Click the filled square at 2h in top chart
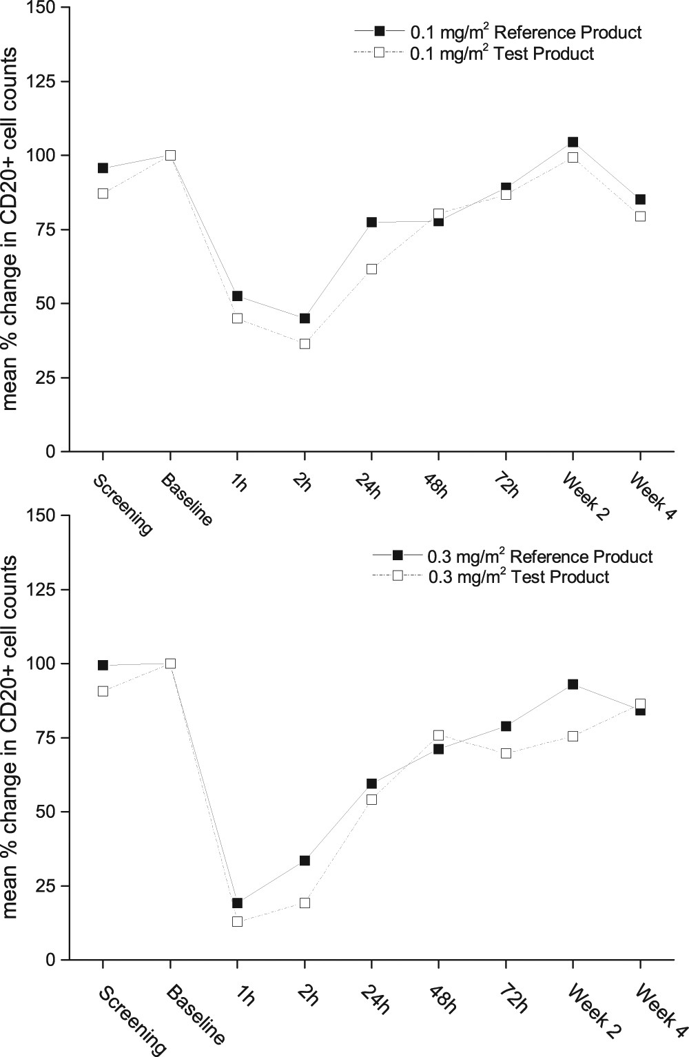click(305, 318)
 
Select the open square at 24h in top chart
click(371, 269)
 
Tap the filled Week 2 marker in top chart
click(573, 142)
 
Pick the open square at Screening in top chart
click(103, 194)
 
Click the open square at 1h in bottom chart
click(237, 921)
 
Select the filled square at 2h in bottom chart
click(305, 860)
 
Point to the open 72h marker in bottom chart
click(506, 753)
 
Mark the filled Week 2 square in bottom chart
click(573, 684)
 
